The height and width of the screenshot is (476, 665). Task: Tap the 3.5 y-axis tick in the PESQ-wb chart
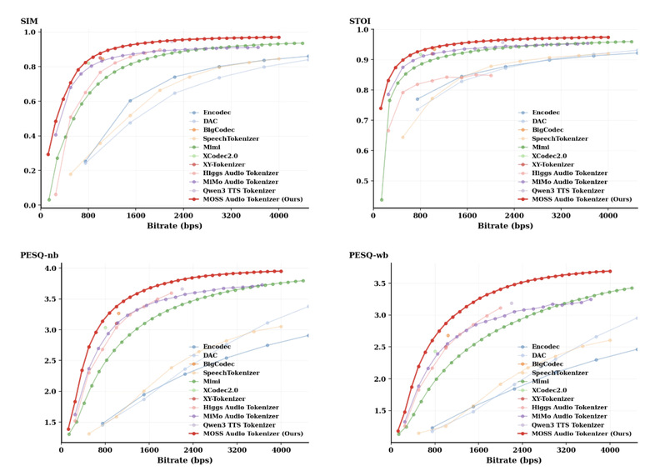point(374,283)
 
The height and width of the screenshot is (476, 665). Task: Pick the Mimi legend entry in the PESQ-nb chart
point(210,382)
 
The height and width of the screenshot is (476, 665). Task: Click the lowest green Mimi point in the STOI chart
point(382,199)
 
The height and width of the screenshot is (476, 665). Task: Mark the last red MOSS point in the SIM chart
point(278,38)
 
